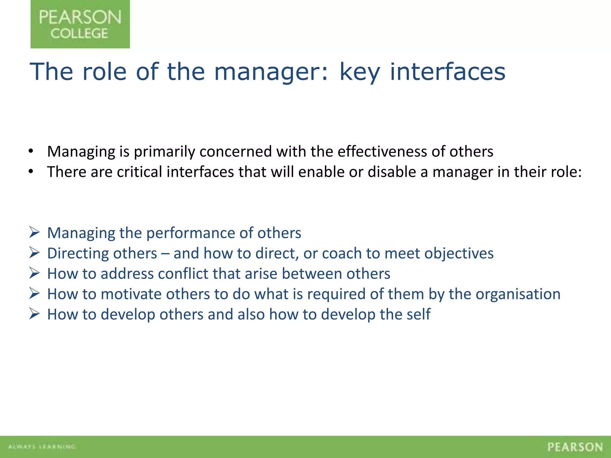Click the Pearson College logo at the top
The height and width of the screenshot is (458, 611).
(x=80, y=24)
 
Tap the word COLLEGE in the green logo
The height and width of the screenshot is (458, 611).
(x=79, y=33)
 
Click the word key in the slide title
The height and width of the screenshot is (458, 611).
(x=360, y=72)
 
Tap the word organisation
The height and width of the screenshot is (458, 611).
(x=518, y=294)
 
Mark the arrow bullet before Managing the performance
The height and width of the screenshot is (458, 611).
(x=34, y=232)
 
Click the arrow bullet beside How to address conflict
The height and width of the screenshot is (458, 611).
(x=34, y=273)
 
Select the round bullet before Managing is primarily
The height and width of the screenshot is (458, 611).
(x=31, y=151)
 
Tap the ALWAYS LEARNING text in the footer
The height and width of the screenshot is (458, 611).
(x=41, y=447)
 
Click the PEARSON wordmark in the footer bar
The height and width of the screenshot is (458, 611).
(x=575, y=447)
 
